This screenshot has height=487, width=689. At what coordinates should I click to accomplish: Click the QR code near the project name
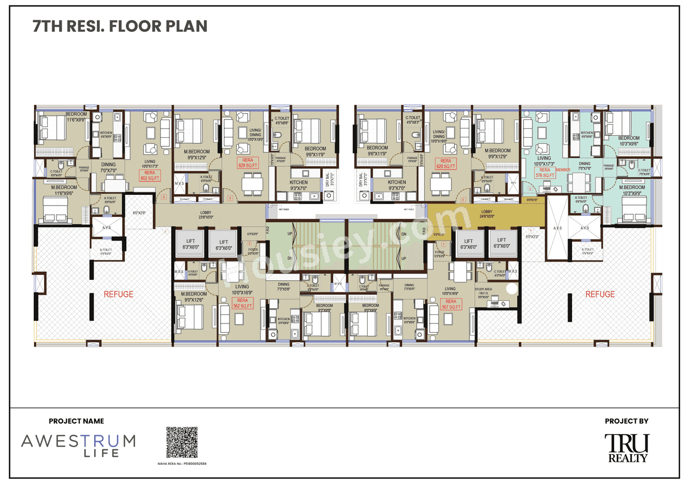[181, 442]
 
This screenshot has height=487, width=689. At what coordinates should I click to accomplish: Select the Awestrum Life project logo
[78, 445]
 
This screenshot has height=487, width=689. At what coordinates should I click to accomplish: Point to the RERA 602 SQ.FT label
[149, 175]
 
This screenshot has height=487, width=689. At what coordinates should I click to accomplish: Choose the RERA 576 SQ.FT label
[545, 172]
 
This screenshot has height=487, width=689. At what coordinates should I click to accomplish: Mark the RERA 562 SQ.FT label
[243, 303]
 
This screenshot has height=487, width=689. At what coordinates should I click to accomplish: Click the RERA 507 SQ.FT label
[451, 304]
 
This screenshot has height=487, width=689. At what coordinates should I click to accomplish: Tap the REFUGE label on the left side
[118, 294]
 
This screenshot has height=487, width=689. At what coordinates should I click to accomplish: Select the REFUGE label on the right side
[600, 294]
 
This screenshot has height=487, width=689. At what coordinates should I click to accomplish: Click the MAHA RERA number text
[181, 463]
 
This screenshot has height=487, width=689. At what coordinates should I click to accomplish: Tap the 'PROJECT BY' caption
[627, 421]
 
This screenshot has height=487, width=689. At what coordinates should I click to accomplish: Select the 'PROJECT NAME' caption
[76, 421]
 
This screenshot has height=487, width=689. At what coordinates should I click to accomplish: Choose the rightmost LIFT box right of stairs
[501, 243]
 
